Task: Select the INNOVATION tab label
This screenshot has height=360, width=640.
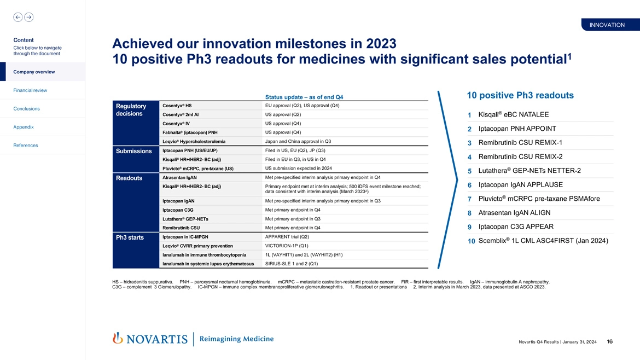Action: [607, 25]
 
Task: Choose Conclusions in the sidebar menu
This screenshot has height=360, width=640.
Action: [25, 108]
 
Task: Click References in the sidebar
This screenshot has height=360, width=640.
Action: [25, 146]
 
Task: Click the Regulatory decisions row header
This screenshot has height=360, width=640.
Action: [131, 110]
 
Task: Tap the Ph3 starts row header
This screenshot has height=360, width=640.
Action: [130, 237]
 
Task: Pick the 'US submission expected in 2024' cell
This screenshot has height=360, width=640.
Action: [299, 168]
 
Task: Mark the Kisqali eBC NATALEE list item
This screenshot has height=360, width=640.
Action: [513, 114]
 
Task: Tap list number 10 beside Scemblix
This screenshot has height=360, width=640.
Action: [470, 242]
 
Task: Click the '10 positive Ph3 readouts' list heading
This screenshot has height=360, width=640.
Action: [520, 95]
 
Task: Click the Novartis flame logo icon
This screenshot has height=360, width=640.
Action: [117, 339]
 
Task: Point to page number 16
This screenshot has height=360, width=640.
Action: [610, 342]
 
